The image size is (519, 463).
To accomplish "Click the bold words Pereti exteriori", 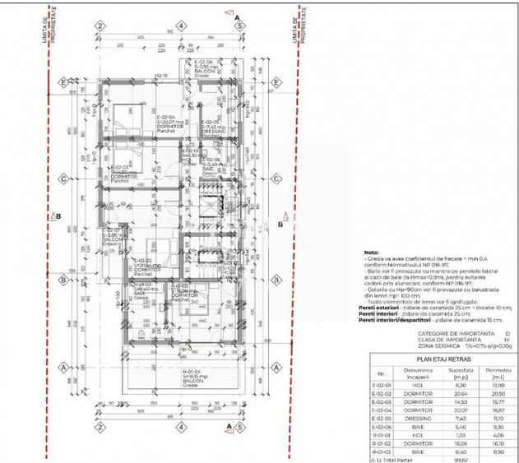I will point(382,308).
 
